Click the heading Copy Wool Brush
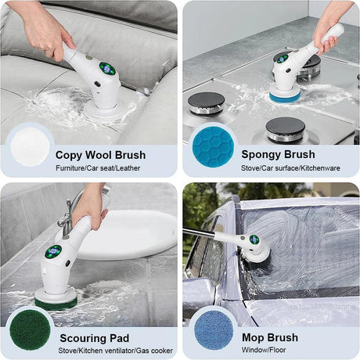pyautogui.click(x=100, y=154)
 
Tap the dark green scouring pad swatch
pyautogui.click(x=29, y=328)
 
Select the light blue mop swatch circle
pyautogui.click(x=211, y=328)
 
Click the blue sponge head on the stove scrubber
pyautogui.click(x=284, y=95)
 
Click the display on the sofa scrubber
pyautogui.click(x=107, y=69)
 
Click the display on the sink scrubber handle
pyautogui.click(x=52, y=252)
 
